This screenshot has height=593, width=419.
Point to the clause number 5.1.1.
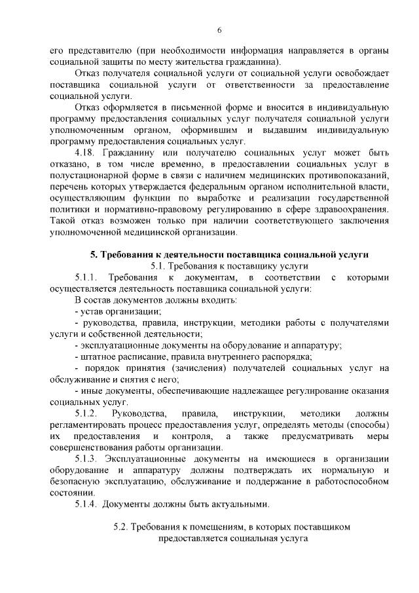pyautogui.click(x=86, y=277)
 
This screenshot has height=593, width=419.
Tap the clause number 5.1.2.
pyautogui.click(x=86, y=413)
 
